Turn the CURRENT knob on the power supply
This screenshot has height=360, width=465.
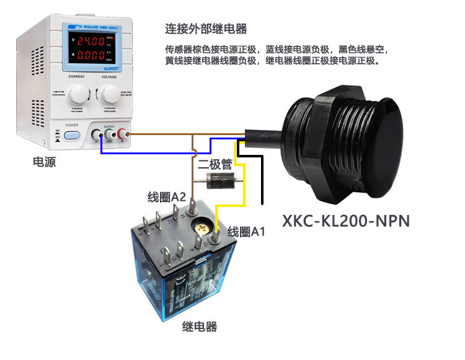(77, 94)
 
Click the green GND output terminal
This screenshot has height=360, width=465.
(110, 134)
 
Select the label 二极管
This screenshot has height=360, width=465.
(215, 165)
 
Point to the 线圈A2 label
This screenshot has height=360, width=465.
(167, 197)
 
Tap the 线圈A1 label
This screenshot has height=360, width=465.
(246, 232)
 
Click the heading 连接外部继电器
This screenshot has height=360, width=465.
(206, 29)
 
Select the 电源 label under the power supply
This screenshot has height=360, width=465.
(46, 162)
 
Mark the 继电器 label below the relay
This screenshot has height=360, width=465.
(200, 327)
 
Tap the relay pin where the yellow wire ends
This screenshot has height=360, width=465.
(216, 236)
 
